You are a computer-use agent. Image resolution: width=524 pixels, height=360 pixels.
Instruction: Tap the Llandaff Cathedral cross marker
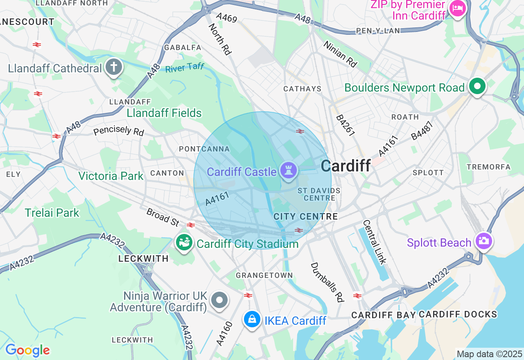(x=114, y=67)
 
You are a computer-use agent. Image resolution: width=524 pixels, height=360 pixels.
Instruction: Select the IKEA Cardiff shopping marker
(x=252, y=319)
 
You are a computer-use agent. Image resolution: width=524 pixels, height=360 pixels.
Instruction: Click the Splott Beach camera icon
(x=483, y=241)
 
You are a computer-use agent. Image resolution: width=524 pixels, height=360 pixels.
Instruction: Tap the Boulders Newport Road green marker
(x=477, y=86)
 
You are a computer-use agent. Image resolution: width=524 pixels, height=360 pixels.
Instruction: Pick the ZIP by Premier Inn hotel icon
(x=457, y=8)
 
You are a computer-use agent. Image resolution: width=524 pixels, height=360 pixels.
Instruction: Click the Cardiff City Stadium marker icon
(x=184, y=242)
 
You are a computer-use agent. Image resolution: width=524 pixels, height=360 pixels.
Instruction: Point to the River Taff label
(x=185, y=67)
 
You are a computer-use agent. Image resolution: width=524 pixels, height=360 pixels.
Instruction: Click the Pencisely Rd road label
(x=119, y=131)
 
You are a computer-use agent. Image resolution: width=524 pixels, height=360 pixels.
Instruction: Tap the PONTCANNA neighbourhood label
(x=204, y=149)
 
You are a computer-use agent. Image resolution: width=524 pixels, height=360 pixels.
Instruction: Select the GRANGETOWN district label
(x=264, y=275)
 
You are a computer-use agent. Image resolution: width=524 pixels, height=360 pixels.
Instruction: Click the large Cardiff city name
(x=346, y=166)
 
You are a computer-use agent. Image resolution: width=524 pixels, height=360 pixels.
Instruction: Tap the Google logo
(x=27, y=351)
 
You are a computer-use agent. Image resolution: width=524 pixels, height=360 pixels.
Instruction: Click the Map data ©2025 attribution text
(x=490, y=354)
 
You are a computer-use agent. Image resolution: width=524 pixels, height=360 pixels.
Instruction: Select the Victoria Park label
(x=111, y=176)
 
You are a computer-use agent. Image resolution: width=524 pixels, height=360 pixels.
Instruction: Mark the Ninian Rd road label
(x=340, y=54)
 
